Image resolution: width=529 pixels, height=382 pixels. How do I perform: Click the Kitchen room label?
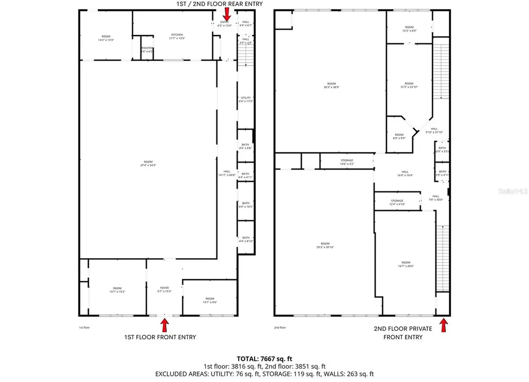177,36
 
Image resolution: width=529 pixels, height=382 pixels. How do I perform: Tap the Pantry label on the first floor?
147,50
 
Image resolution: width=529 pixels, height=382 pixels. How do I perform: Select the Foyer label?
164,290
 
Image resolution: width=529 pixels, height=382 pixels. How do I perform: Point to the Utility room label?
245,100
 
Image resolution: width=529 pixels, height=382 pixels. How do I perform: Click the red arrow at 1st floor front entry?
165,325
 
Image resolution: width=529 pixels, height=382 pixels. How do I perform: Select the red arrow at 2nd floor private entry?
443,325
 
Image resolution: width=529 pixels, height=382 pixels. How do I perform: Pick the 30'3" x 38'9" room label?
331,86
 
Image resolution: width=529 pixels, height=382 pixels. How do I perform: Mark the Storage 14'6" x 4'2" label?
347,163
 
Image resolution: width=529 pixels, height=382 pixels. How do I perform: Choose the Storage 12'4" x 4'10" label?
397,202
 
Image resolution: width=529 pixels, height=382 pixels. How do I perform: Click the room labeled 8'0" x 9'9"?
399,136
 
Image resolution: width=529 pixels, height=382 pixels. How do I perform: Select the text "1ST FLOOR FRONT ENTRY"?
160,337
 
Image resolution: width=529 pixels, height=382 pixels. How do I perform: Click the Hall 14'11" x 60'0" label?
227,173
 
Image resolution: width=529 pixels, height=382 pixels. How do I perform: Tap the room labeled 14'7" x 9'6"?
210,300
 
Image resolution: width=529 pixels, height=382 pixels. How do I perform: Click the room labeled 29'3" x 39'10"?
324,246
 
